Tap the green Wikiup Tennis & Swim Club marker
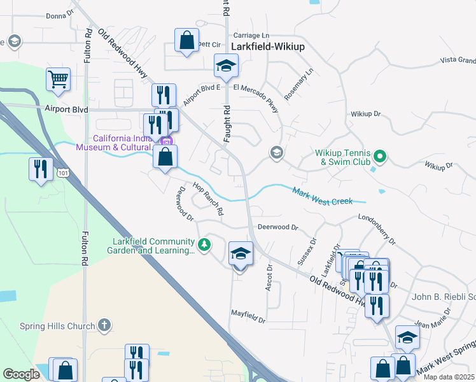point(380,155)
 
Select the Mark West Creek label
point(322,196)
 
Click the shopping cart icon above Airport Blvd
point(58,80)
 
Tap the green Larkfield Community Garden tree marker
point(204,245)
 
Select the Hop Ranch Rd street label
point(207,199)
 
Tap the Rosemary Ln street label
point(299,84)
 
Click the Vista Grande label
point(458,60)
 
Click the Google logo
point(22,374)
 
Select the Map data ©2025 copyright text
point(448,377)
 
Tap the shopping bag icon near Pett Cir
point(186,41)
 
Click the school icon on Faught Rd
point(225,65)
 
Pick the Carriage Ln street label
point(251,35)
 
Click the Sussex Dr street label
point(313,245)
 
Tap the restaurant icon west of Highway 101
point(41,169)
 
